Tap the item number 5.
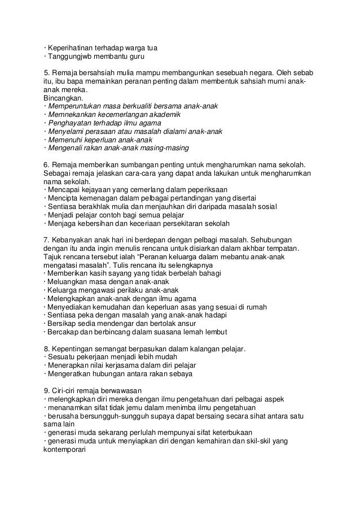[46, 73]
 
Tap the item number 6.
[46, 165]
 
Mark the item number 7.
[46, 240]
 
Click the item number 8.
[46, 348]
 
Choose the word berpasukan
[148, 348]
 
